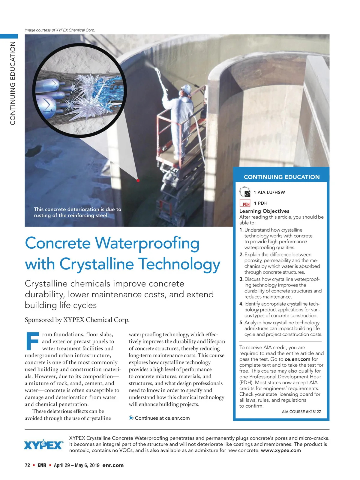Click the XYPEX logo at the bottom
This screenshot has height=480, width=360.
pos(43,445)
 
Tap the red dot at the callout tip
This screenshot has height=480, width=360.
pos(138,181)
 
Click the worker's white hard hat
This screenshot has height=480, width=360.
pos(186,89)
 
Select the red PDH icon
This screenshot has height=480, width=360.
pos(245,203)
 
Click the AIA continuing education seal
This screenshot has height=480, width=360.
pos(245,192)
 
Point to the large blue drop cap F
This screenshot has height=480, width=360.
pos(32,341)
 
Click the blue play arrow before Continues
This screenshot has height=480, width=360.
pos(131,418)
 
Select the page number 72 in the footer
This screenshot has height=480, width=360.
pos(27,465)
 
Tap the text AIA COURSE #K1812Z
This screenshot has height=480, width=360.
pos(301,412)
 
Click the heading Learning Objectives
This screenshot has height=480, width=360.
pos(264,211)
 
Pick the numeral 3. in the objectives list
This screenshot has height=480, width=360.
pos(241,279)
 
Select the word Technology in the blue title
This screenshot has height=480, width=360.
pos(179,264)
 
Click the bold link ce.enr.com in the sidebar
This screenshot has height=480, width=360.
pos(297,359)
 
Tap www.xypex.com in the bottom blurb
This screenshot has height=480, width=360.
pos(281,450)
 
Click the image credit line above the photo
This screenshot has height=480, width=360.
pos(60,30)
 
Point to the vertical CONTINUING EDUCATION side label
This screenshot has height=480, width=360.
pos(13,83)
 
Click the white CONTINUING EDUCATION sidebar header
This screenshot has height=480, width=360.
pos(282,177)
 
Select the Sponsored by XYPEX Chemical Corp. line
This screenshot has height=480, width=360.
pos(77,320)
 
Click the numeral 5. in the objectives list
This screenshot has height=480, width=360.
pos(241,323)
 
